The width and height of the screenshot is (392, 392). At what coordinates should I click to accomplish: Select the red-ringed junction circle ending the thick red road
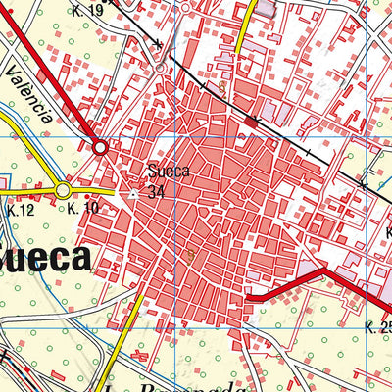100,147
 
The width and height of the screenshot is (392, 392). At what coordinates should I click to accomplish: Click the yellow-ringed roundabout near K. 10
63,189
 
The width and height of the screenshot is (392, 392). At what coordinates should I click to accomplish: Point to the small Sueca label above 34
168,172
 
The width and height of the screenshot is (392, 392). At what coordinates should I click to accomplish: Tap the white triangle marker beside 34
136,193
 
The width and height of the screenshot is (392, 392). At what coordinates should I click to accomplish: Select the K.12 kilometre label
20,210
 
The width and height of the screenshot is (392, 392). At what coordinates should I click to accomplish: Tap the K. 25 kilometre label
377,326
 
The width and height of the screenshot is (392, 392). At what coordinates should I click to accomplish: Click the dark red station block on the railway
253,122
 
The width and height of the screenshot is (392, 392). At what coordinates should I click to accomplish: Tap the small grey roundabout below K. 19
160,68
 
